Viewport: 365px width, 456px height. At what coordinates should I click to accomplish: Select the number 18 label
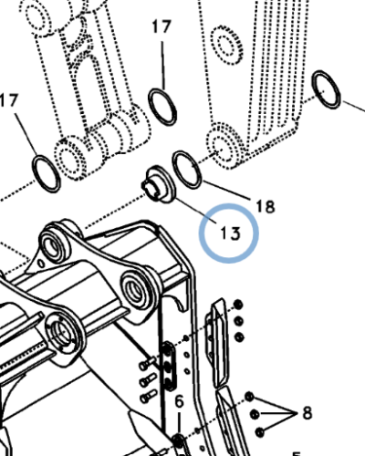(x=265, y=207)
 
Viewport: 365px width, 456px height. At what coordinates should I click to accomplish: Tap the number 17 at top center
(x=161, y=27)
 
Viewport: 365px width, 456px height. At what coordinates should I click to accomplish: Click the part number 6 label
(x=179, y=401)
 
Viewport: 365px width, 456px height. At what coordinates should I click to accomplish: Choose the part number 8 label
(x=307, y=411)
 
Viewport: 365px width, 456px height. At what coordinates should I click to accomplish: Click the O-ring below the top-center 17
(x=162, y=105)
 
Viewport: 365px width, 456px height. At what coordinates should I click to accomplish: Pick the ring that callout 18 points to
(x=186, y=170)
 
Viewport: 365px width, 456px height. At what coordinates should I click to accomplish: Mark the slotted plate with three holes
(x=171, y=365)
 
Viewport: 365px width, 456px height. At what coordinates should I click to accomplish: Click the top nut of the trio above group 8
(x=238, y=304)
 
